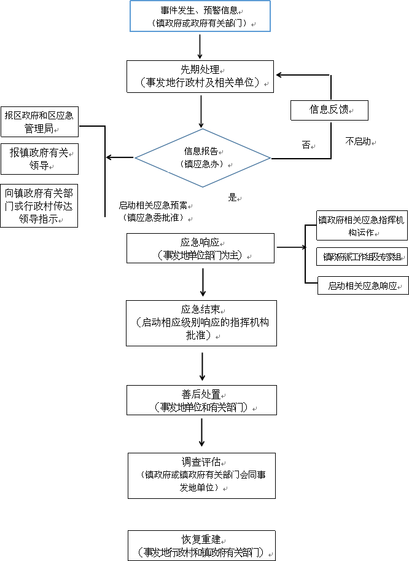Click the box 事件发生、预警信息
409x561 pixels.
tap(200, 17)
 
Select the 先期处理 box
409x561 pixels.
tap(200, 76)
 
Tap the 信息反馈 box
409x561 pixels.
tap(329, 110)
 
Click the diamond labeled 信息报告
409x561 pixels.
tap(203, 157)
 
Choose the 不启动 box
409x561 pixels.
tap(359, 143)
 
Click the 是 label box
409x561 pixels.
tap(233, 199)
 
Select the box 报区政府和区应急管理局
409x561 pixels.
tap(39, 122)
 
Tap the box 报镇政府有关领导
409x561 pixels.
tap(39, 159)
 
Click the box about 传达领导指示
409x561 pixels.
tap(39, 206)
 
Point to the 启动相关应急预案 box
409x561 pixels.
tap(153, 212)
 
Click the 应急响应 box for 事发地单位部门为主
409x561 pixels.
tap(200, 249)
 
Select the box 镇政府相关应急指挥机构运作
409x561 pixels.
tap(362, 226)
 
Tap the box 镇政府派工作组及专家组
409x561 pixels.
tap(362, 257)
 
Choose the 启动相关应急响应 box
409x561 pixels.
tap(363, 285)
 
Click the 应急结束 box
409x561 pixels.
tap(201, 323)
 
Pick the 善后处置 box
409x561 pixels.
tap(201, 400)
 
